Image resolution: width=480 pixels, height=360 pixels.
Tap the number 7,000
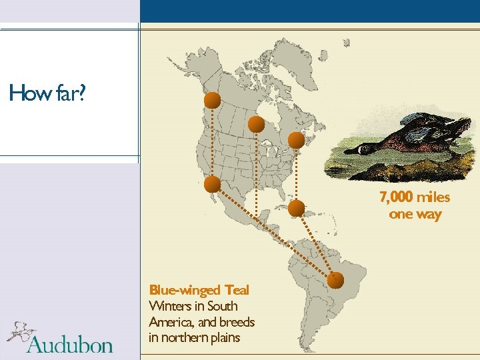click(396, 197)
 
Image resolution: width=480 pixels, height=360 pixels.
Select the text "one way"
click(415, 214)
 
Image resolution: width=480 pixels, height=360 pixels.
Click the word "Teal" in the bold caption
click(237, 290)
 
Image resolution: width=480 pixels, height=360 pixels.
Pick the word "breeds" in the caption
click(238, 322)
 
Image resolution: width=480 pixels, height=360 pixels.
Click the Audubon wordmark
click(69, 344)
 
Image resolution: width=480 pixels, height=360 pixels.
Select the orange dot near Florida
click(297, 208)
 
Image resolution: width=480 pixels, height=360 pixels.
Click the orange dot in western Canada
click(212, 100)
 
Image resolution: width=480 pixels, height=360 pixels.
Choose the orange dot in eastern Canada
click(296, 140)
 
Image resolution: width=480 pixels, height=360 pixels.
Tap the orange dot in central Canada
click(256, 125)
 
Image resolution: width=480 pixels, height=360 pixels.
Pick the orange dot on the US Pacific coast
click(212, 185)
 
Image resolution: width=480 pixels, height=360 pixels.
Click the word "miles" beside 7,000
click(433, 197)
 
